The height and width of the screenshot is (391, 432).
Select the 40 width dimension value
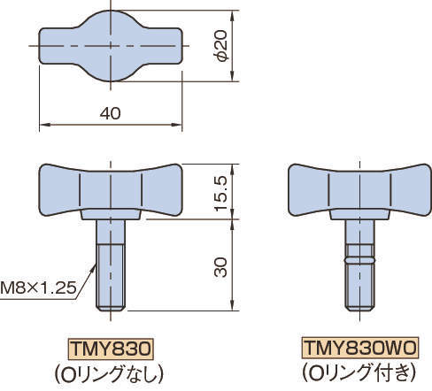[x=111, y=114]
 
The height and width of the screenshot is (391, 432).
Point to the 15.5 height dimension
[x=222, y=190]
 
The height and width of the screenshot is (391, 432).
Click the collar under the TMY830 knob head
[x=111, y=214]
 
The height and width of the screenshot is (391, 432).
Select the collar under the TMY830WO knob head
[x=359, y=214]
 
